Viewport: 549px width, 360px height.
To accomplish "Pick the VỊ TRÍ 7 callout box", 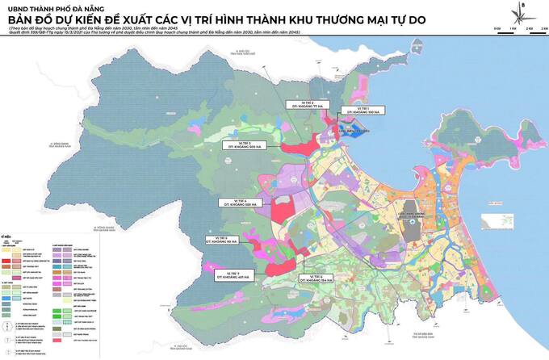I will (233, 277).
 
